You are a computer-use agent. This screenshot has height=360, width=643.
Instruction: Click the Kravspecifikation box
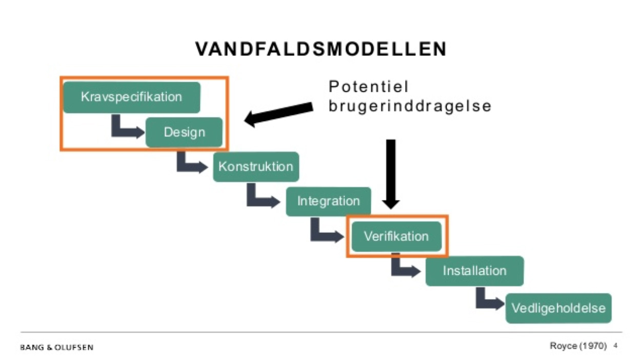[132, 97]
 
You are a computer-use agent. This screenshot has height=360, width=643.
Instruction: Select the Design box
[184, 132]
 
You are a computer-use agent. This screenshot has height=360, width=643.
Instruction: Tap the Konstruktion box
[256, 167]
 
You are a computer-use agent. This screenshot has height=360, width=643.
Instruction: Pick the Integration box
[328, 201]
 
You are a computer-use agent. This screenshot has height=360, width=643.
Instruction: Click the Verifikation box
[396, 236]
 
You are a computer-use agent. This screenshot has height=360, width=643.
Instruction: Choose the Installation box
[474, 271]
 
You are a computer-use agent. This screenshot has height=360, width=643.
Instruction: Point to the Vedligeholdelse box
[558, 308]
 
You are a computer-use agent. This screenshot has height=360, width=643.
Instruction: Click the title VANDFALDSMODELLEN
[321, 49]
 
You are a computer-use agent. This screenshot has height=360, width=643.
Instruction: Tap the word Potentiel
[369, 87]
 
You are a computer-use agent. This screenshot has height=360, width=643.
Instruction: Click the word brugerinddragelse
[410, 106]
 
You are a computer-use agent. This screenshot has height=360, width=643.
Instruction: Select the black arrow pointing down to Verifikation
[391, 174]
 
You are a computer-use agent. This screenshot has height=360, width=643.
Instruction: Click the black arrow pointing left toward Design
[278, 114]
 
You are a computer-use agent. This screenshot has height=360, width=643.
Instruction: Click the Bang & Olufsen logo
[56, 347]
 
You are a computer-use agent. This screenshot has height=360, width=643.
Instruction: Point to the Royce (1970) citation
[578, 346]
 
